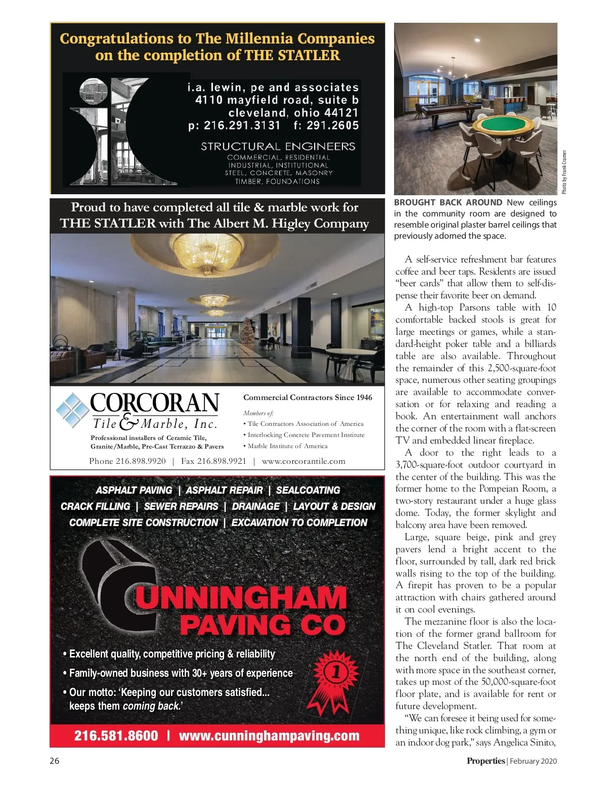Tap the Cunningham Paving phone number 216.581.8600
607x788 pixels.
[x=116, y=736]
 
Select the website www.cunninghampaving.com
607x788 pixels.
[x=269, y=736]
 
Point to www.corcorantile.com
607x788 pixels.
[x=303, y=461]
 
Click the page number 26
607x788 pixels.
[x=55, y=761]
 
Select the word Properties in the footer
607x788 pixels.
[x=486, y=761]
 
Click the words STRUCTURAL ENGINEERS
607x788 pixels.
[x=278, y=147]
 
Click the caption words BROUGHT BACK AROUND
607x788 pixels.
[x=448, y=202]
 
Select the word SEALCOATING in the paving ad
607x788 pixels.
[x=308, y=490]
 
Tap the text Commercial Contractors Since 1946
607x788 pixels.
[x=308, y=398]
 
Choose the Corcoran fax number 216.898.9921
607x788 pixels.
[x=213, y=461]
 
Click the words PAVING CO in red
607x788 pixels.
[x=263, y=625]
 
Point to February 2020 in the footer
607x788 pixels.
[x=533, y=761]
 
